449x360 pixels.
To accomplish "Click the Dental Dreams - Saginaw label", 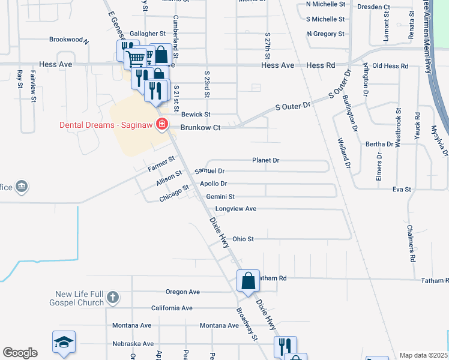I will (106, 125).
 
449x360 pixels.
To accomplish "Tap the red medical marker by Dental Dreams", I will (161, 125).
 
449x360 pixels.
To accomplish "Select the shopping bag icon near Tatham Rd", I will (248, 281).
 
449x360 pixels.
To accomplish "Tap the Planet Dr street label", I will (266, 160).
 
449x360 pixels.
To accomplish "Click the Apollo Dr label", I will (214, 184).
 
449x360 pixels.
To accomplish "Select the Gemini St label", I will (220, 196).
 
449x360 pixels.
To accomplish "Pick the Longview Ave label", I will (236, 209).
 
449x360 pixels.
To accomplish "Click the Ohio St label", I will (243, 239).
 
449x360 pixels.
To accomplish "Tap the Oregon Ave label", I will (182, 292).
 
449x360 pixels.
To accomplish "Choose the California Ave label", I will (172, 308).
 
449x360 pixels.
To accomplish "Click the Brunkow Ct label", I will (201, 127).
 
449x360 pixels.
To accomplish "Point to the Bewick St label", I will (196, 114).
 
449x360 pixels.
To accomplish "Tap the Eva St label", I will (401, 189).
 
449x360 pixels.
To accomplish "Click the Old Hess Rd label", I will (390, 65).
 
